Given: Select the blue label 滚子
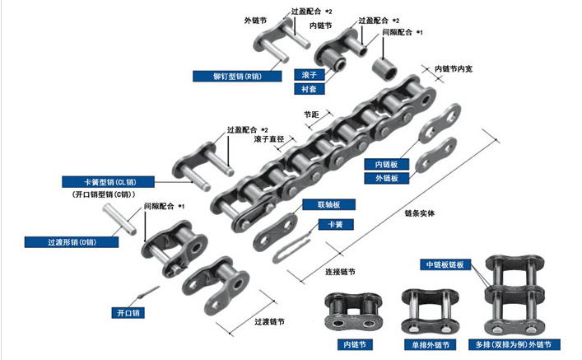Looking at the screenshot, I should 310,74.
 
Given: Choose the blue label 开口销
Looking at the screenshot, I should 128,313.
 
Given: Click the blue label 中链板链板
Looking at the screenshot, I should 445,264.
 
